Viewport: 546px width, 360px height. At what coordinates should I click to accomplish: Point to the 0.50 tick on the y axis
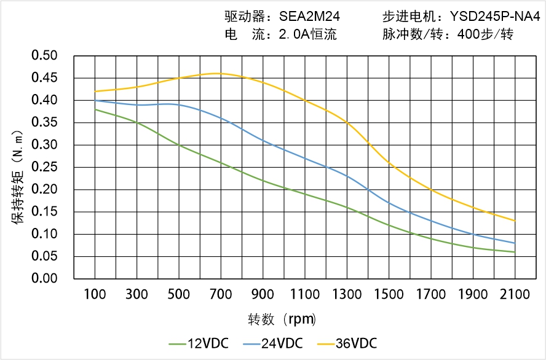click(44, 56)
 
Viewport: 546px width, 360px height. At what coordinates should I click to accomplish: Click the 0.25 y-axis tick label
click(44, 167)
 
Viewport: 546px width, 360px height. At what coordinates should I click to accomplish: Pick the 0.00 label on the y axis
click(44, 278)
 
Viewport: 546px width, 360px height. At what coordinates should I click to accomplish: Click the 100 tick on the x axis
click(95, 294)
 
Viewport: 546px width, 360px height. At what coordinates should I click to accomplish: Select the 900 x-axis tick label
click(263, 294)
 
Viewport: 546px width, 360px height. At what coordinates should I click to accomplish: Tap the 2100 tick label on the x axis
click(515, 294)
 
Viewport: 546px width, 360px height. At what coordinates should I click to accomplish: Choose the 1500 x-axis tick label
click(389, 294)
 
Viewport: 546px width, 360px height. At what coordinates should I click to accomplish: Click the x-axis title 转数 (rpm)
click(283, 319)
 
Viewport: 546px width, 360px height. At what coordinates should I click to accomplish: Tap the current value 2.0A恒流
click(307, 34)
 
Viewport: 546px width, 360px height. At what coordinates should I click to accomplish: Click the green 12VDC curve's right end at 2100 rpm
click(515, 252)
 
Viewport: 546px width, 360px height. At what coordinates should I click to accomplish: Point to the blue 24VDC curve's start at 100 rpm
click(95, 100)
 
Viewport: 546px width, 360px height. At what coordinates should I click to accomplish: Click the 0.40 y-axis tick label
click(44, 100)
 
